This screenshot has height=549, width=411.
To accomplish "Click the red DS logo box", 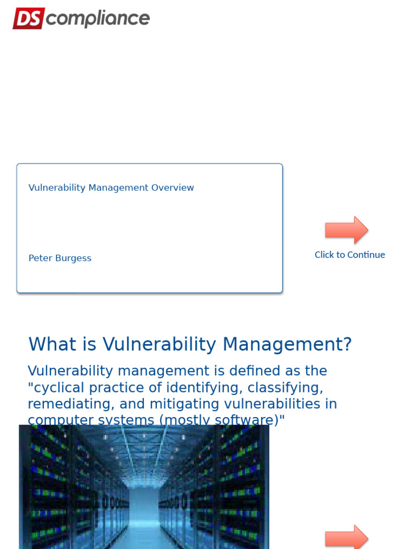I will [28, 18].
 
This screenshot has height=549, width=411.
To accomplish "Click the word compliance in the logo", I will [97, 19].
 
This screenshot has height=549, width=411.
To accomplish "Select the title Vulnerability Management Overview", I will [111, 188].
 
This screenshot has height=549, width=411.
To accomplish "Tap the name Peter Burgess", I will [60, 258].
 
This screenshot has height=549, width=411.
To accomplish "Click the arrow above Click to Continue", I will [346, 230].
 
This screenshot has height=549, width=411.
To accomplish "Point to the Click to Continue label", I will [349, 255].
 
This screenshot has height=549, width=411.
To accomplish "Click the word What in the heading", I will [50, 344].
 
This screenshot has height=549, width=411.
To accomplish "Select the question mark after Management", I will [346, 344].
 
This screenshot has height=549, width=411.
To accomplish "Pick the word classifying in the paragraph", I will [290, 388].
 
